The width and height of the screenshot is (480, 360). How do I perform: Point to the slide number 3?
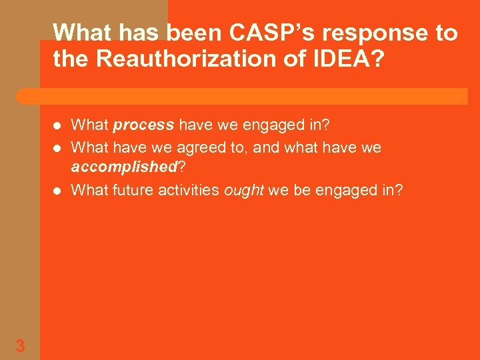tap(20, 346)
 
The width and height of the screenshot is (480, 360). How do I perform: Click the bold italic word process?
tap(144, 125)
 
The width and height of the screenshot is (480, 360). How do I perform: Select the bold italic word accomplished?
tap(123, 166)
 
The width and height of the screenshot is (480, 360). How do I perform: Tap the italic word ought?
tap(244, 190)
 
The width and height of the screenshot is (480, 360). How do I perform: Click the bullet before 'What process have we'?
tap(57, 125)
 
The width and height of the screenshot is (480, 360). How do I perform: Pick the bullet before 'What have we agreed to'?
tap(57, 147)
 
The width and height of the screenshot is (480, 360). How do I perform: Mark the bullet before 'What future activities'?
tap(57, 191)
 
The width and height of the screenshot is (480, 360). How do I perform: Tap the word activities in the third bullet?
tap(188, 190)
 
